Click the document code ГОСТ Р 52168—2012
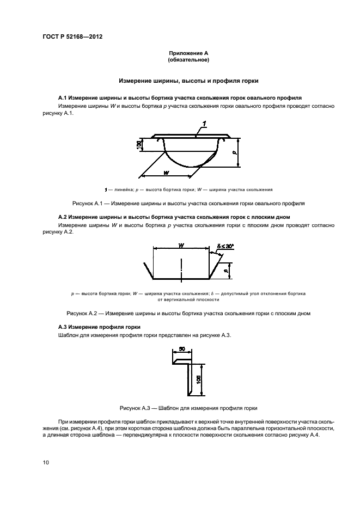coord(72,37)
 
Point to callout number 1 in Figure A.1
coord(203,125)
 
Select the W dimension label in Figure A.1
coord(165,172)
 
